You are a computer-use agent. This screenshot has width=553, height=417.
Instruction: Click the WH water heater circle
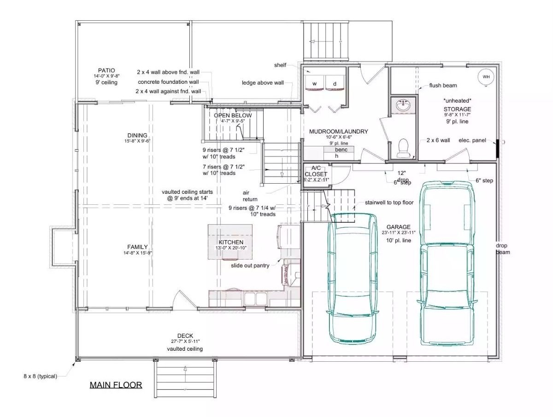(486, 77)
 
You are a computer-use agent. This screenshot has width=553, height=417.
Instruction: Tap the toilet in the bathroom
(403, 147)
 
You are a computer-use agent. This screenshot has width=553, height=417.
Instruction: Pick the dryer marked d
(335, 83)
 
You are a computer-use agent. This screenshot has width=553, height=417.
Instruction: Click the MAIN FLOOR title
(116, 385)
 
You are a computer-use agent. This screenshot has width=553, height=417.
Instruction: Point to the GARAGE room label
(399, 227)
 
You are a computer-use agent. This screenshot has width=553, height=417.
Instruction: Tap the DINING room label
(137, 135)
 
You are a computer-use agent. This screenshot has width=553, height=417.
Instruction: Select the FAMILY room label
(137, 247)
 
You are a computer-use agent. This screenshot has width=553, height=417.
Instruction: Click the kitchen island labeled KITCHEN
(230, 243)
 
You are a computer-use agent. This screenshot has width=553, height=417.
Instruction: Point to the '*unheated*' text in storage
(457, 100)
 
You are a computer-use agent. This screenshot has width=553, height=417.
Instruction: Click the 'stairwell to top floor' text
(389, 202)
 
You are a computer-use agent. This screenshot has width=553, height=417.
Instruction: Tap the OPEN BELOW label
(233, 115)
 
